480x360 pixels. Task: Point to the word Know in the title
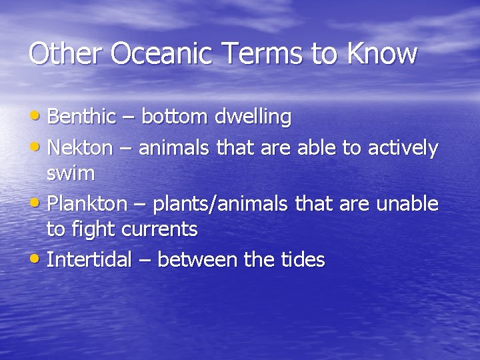point(381,54)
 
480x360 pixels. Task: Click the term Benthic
point(81,117)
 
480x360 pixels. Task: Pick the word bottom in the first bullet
point(175,117)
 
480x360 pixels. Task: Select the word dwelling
point(253,118)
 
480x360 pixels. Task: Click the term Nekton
point(81,147)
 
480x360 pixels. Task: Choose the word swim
point(70,175)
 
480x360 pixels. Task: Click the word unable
point(407,203)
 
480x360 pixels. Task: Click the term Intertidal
point(89,259)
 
